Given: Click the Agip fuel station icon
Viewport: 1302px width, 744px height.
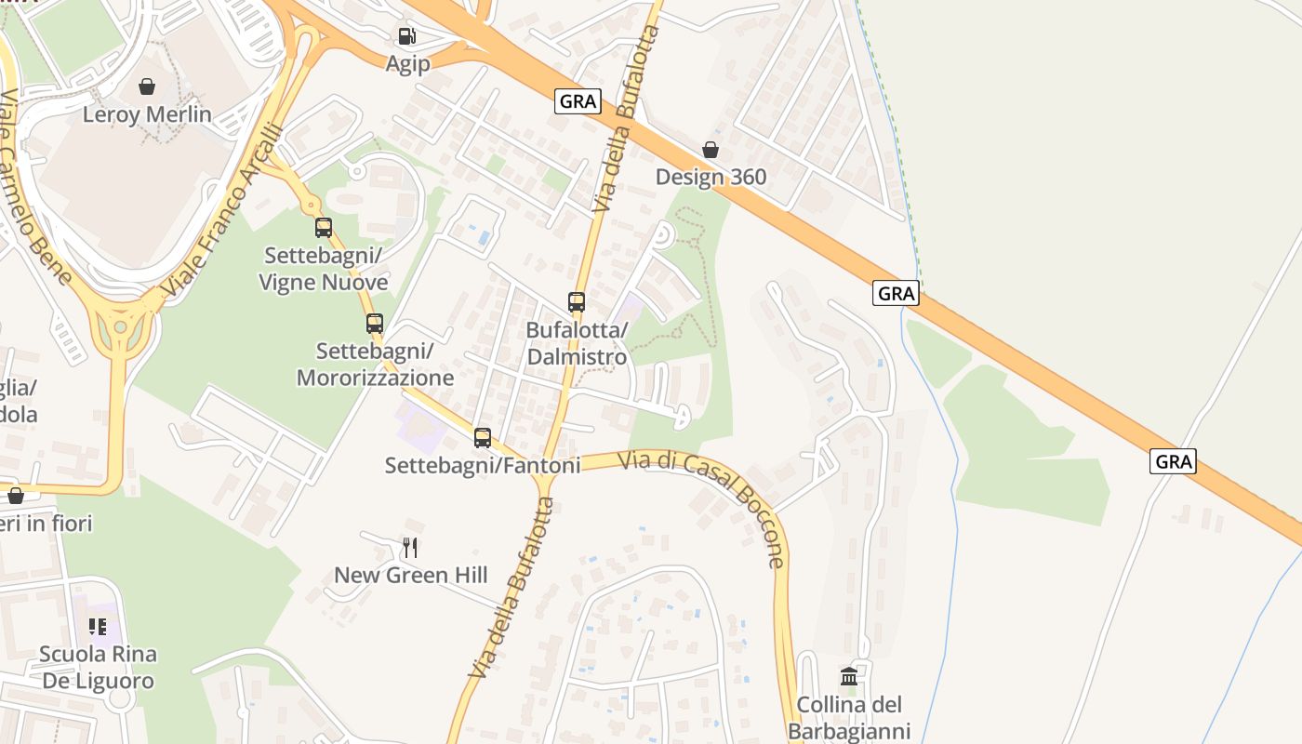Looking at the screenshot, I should (x=406, y=37).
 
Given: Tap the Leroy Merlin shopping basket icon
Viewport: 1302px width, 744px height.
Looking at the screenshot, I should (x=147, y=87).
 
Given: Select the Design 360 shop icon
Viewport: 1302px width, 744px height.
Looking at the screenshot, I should (x=711, y=150).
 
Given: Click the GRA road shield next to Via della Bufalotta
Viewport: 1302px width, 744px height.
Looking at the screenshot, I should (x=578, y=101).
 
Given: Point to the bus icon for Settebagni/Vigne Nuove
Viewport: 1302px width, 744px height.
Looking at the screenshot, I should (x=324, y=228).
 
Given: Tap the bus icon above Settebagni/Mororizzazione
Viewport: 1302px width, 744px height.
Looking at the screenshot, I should (x=375, y=324).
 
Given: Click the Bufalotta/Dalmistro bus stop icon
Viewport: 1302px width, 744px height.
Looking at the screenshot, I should (x=577, y=302).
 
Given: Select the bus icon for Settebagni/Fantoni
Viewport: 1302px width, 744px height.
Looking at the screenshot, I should (x=483, y=438).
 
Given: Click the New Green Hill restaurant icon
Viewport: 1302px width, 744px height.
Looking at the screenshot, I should (x=410, y=547).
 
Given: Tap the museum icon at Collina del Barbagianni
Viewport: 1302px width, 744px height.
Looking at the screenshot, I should (x=848, y=676).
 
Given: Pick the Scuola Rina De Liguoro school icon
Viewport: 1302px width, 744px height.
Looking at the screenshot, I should (x=98, y=627).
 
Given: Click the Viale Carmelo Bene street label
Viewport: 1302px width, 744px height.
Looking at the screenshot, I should (x=34, y=186).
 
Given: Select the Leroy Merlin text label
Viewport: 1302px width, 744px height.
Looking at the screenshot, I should (x=147, y=114).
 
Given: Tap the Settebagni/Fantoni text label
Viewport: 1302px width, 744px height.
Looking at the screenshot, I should (x=483, y=465).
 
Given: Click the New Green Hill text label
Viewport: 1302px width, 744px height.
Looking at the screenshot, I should (x=410, y=575).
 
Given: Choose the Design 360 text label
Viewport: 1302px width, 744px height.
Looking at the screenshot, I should (x=711, y=177).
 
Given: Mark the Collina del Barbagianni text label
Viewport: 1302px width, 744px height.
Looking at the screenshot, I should (x=848, y=717).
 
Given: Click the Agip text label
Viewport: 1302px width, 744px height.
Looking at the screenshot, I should (x=408, y=63).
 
